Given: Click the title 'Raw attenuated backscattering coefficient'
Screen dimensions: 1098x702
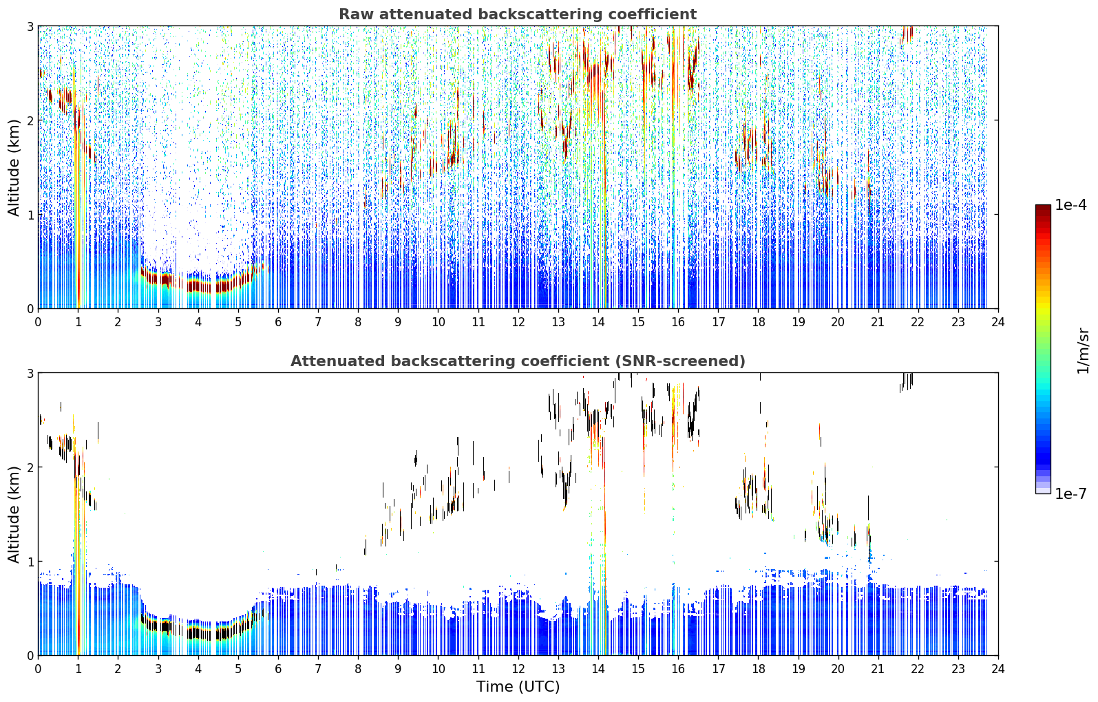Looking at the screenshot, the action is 518,14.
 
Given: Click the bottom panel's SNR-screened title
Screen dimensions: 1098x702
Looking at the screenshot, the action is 518,361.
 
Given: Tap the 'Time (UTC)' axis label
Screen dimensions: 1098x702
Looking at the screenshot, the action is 518,687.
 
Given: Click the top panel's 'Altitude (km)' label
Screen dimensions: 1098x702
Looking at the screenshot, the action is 14,168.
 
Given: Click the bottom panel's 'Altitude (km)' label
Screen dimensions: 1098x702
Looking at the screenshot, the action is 14,514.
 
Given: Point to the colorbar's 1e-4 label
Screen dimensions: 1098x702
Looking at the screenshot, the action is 1070,205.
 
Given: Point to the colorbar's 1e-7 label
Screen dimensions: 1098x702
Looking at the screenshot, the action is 1070,493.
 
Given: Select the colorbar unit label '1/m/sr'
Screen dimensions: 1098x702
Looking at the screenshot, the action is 1083,351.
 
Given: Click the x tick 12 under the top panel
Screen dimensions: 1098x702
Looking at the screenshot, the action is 518,322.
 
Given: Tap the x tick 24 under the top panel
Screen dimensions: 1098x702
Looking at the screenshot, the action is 998,322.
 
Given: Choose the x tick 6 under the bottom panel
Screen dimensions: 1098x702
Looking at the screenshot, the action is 278,669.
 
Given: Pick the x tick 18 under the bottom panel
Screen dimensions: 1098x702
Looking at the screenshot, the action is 759,669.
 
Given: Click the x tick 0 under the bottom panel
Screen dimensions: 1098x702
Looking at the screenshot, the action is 39,669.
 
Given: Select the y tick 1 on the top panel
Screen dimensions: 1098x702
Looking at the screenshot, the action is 30,215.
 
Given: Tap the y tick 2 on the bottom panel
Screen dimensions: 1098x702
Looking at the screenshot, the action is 30,467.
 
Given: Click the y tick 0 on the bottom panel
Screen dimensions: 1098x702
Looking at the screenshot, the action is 30,655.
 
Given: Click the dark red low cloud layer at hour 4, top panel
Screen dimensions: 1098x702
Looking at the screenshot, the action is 198,286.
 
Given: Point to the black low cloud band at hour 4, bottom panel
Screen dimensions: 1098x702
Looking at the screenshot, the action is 198,632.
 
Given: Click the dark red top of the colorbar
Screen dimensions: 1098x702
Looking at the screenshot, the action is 1043,209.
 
